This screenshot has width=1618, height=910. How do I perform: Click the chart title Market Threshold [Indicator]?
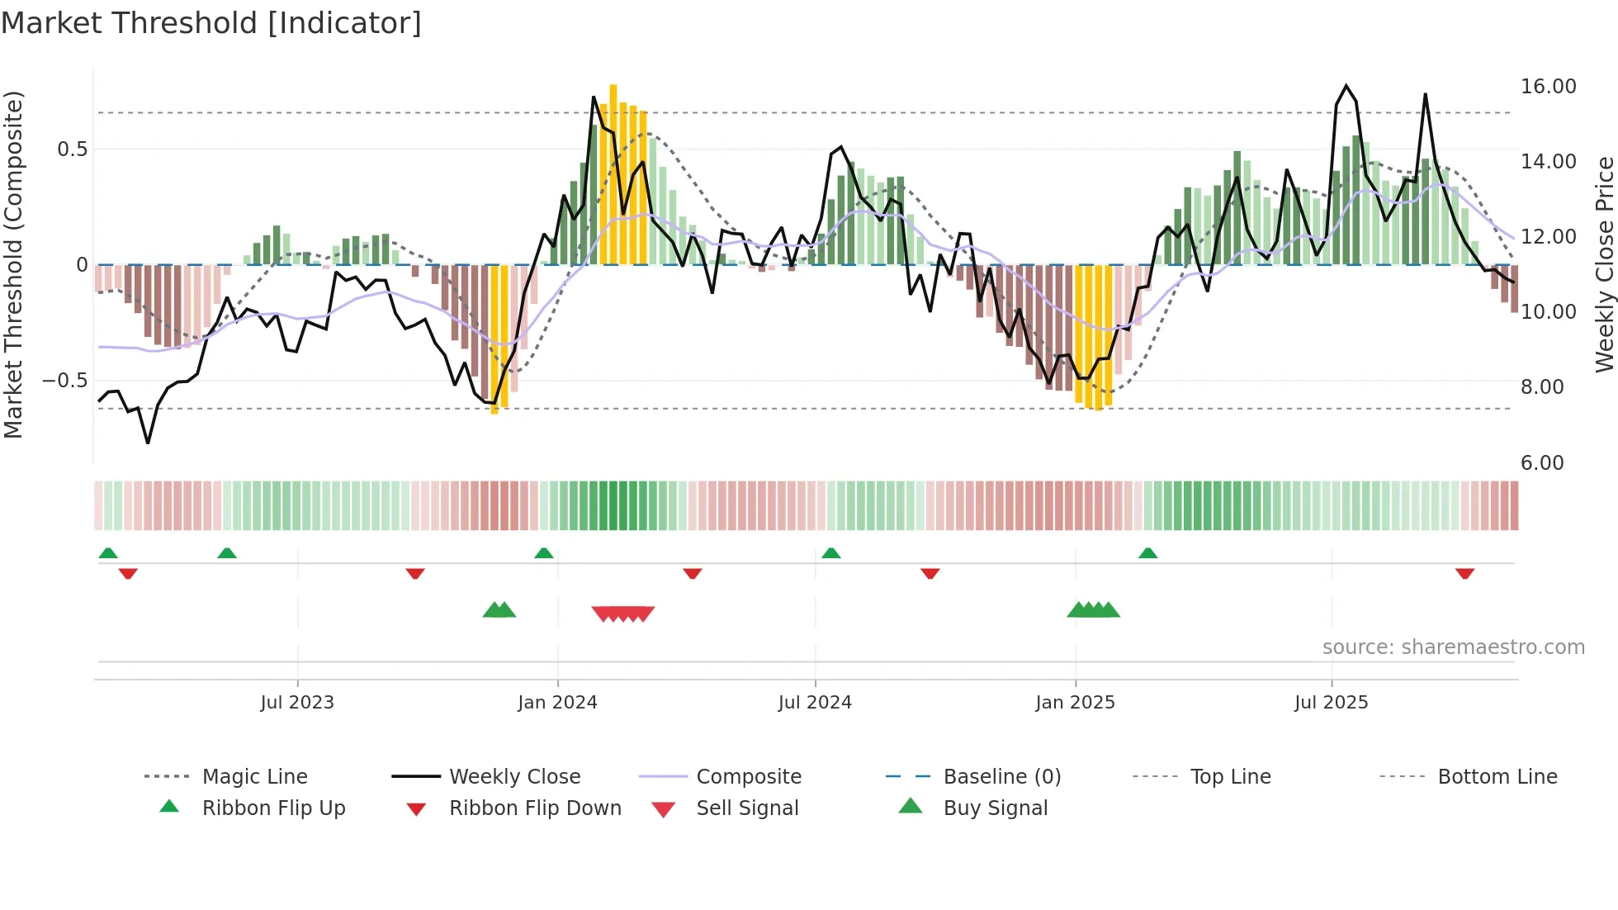pyautogui.click(x=211, y=22)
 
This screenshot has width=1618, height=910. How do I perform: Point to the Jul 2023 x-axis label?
pyautogui.click(x=297, y=703)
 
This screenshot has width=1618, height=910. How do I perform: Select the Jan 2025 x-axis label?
pyautogui.click(x=1075, y=703)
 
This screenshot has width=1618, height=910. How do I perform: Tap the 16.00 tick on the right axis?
pyautogui.click(x=1548, y=87)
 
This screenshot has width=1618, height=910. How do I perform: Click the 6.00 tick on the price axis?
pyautogui.click(x=1542, y=463)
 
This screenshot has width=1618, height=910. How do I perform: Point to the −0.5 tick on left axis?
pyautogui.click(x=65, y=381)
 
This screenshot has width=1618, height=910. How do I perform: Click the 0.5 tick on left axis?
pyautogui.click(x=72, y=149)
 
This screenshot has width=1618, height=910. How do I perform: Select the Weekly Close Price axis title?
pyautogui.click(x=1604, y=264)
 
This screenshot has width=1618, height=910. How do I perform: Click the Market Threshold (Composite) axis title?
pyautogui.click(x=13, y=264)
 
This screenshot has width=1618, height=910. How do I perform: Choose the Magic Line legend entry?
pyautogui.click(x=254, y=777)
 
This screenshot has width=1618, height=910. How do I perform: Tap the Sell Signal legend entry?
pyautogui.click(x=747, y=808)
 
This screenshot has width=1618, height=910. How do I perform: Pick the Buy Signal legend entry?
pyautogui.click(x=995, y=808)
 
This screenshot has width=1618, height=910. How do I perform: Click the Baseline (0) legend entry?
pyautogui.click(x=1001, y=777)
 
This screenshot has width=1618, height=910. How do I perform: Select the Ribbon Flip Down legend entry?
pyautogui.click(x=535, y=808)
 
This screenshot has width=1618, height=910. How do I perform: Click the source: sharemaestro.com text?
pyautogui.click(x=1453, y=647)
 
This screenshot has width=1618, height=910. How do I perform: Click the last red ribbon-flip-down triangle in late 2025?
pyautogui.click(x=1464, y=573)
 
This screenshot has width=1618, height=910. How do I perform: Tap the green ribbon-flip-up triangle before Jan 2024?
pyautogui.click(x=543, y=553)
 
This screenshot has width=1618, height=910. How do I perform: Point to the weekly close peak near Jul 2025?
pyautogui.click(x=1346, y=86)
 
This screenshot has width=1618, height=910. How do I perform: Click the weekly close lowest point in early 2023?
pyautogui.click(x=148, y=443)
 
